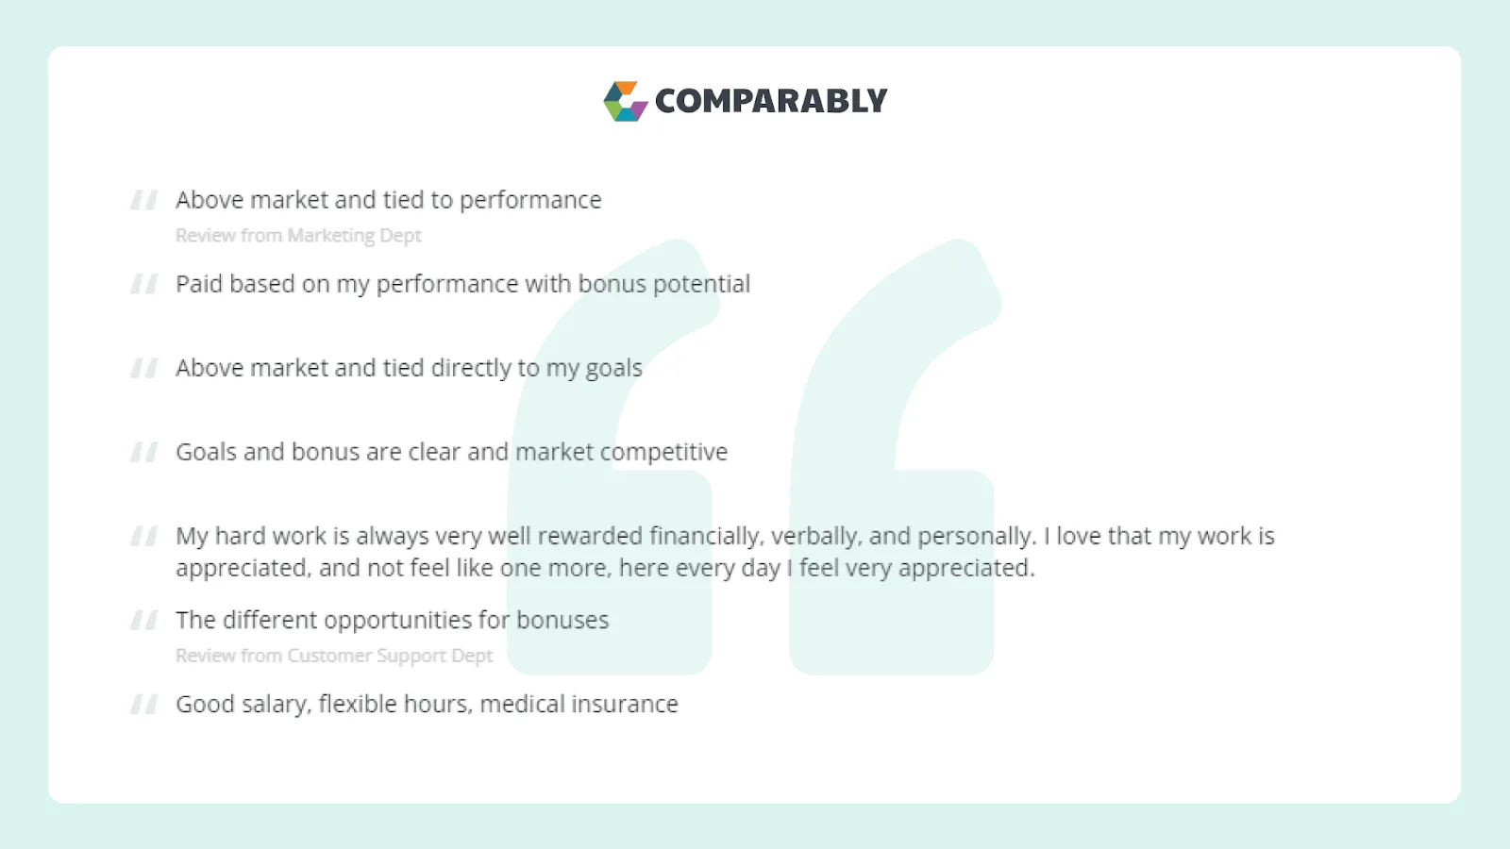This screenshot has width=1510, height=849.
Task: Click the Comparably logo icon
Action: coord(625,101)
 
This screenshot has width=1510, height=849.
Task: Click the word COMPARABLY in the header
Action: coord(771,101)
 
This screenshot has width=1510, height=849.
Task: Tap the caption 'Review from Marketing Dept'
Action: coord(298,236)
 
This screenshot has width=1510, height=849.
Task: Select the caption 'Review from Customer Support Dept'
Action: coord(334,656)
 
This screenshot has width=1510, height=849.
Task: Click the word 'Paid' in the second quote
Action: coord(198,284)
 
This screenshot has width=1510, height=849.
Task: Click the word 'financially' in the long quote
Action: coord(706,537)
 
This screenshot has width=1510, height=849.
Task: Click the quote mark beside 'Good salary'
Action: coord(144,705)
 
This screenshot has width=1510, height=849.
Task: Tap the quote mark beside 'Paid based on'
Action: coord(144,284)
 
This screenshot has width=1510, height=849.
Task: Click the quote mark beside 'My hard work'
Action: coord(144,537)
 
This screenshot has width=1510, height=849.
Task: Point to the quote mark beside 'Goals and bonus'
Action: coord(144,453)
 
